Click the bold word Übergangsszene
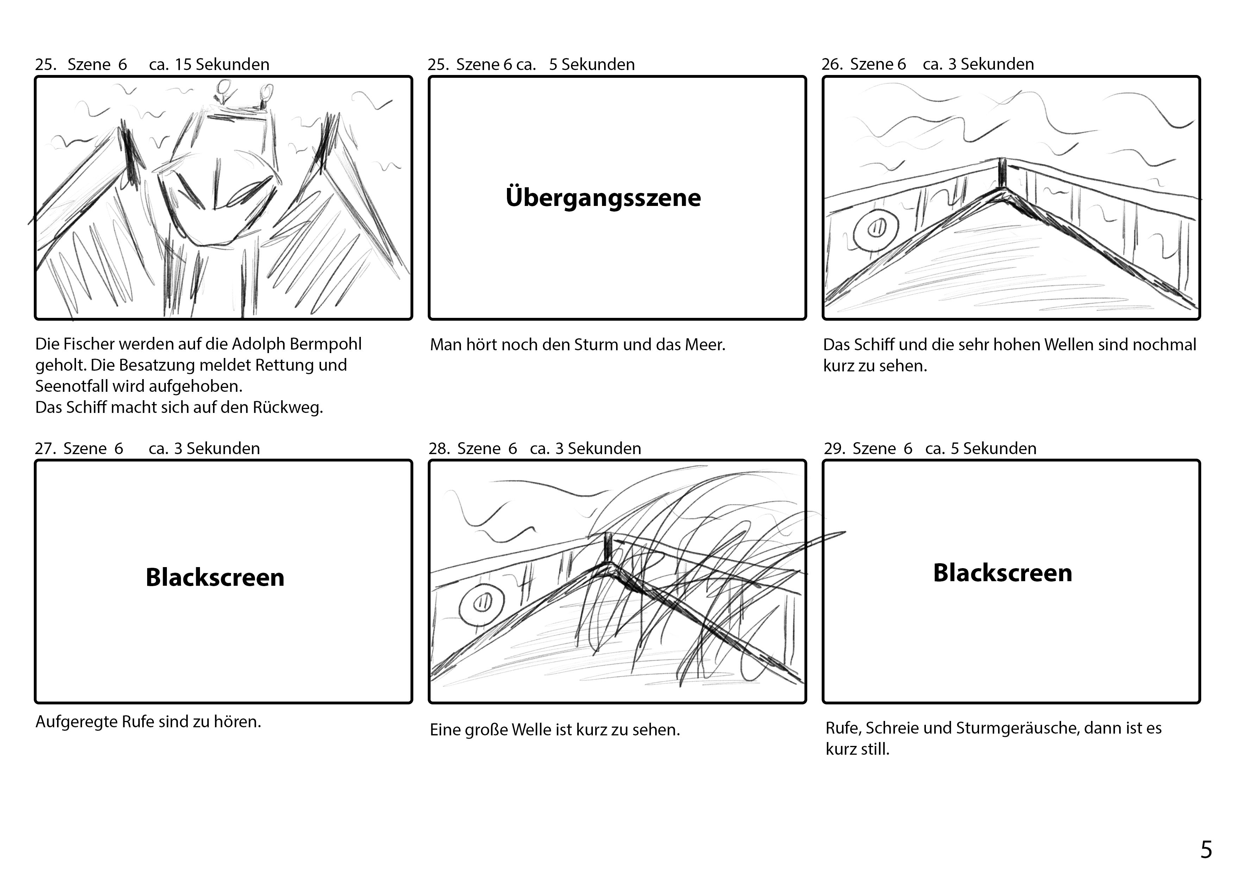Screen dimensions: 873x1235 pyautogui.click(x=603, y=198)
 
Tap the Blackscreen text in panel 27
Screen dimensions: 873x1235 pyautogui.click(x=215, y=577)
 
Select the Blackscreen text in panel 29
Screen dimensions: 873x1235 pyautogui.click(x=1002, y=573)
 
